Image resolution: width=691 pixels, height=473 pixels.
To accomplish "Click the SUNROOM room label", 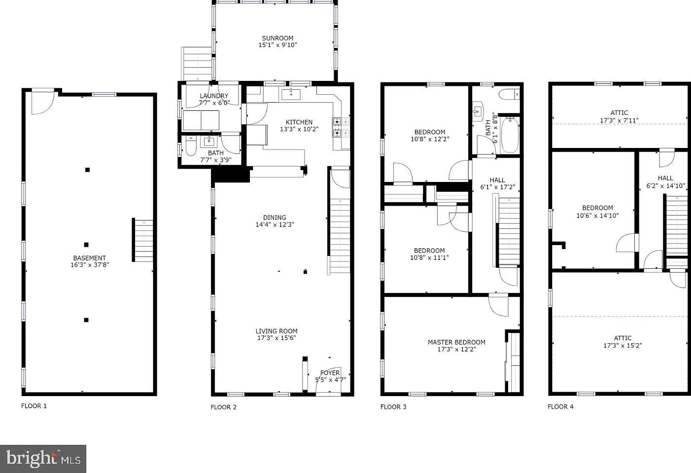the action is point(277,38).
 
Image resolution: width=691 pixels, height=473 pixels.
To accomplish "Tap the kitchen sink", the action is point(291,94).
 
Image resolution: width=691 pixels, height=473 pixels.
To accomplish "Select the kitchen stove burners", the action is point(341,127).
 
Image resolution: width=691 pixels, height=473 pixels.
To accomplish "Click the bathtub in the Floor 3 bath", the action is point(510,135).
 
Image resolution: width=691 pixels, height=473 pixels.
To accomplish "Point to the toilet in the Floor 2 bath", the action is point(191,146).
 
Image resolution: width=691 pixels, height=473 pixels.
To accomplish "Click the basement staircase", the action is point(143,240).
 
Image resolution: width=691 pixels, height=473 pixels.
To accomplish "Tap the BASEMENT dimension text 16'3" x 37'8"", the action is point(90,265).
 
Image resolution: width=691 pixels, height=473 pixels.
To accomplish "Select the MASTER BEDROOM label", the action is point(456,342).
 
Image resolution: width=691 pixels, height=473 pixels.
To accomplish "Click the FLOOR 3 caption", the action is point(393,406).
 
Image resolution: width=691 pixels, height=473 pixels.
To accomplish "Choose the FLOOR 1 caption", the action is point(34,406).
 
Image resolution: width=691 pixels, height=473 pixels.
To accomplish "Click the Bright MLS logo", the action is point(43,459).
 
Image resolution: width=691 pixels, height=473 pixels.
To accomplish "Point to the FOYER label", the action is point(330,373).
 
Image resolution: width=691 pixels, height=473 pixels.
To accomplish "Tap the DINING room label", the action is point(275,218).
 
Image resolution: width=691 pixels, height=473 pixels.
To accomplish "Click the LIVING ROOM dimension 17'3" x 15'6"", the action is point(276,338).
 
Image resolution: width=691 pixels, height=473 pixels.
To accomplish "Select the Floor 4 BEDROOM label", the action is point(597,208).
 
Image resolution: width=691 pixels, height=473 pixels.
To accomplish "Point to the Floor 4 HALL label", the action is point(665,178).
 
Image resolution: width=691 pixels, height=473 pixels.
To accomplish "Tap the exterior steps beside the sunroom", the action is point(197,64).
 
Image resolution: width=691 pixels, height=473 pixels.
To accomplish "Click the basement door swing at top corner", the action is point(43,103).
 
